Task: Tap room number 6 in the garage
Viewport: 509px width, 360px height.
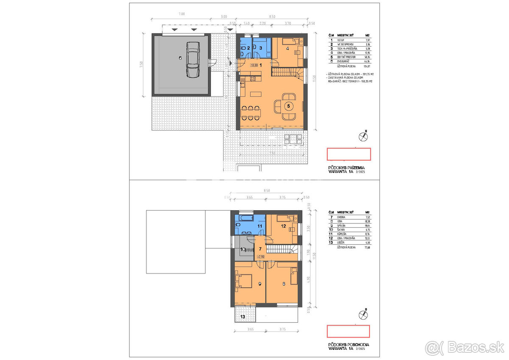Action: click(x=180, y=59)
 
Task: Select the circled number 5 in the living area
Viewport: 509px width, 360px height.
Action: click(x=288, y=106)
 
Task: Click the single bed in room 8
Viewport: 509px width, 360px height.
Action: click(x=293, y=276)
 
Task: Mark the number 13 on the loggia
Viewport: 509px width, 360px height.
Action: click(x=243, y=316)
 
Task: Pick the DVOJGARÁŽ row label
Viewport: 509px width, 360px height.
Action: click(x=344, y=61)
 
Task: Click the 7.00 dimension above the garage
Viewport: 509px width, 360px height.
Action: click(x=182, y=14)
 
